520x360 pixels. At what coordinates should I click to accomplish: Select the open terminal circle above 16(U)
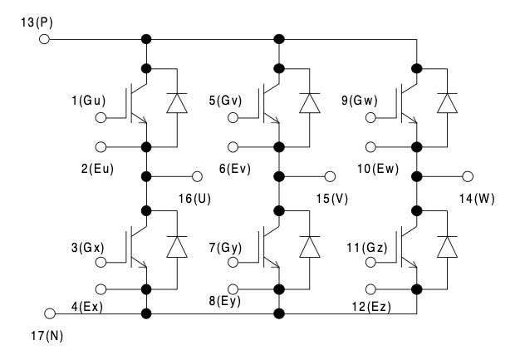[x=197, y=176]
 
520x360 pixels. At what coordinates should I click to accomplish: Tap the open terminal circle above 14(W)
[x=468, y=176]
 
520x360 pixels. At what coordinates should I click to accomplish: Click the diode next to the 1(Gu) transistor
[x=176, y=102]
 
